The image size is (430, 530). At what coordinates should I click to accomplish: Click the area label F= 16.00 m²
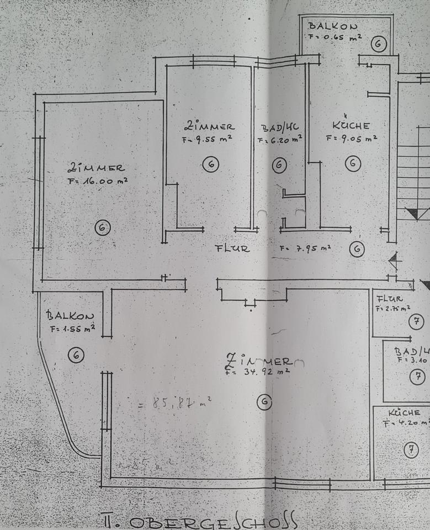(98, 181)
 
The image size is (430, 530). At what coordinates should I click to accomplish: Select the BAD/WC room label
(280, 128)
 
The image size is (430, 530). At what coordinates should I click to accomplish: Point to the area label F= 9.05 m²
(352, 139)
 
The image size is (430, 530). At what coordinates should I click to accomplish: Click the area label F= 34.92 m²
(258, 372)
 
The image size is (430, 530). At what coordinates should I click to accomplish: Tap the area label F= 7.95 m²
(305, 248)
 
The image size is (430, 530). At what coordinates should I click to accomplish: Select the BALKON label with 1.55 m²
(70, 316)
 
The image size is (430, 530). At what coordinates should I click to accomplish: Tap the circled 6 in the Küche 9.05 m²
(353, 163)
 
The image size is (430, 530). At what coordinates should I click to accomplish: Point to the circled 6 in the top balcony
(379, 44)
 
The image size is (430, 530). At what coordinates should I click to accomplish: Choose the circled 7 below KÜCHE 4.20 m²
(411, 450)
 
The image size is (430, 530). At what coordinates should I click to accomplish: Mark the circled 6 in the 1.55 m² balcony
(76, 355)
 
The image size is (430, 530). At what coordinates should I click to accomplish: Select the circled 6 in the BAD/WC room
(279, 165)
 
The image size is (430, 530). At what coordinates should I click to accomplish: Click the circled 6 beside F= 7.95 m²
(357, 250)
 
